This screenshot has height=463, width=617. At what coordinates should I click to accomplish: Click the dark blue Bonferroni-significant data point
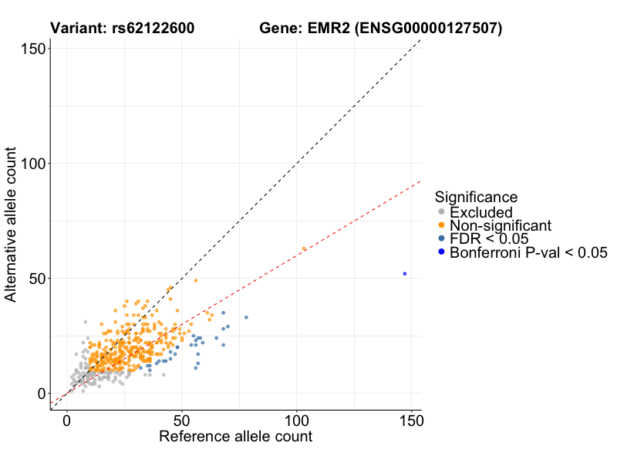pyautogui.click(x=404, y=273)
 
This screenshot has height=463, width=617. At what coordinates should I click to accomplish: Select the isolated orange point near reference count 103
pyautogui.click(x=304, y=248)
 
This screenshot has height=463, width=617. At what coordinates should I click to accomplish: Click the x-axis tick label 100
pyautogui.click(x=297, y=421)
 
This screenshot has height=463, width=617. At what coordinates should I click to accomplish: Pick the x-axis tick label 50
pyautogui.click(x=182, y=421)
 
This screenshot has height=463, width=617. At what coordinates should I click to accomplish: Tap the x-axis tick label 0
pyautogui.click(x=67, y=421)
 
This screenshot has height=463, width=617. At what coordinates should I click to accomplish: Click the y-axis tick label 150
pyautogui.click(x=30, y=48)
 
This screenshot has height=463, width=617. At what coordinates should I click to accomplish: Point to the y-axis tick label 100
pyautogui.click(x=30, y=163)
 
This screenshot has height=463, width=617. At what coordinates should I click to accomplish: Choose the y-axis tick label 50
pyautogui.click(x=35, y=278)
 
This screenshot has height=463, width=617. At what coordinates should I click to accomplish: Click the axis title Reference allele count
pyautogui.click(x=235, y=437)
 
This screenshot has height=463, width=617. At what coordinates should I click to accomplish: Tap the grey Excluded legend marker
pyautogui.click(x=441, y=212)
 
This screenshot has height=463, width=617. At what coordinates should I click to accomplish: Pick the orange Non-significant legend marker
pyautogui.click(x=441, y=225)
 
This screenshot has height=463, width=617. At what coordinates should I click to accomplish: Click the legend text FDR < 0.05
pyautogui.click(x=489, y=238)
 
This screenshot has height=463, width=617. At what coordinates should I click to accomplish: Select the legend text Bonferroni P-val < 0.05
pyautogui.click(x=529, y=252)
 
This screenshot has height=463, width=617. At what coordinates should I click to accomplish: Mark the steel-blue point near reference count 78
pyautogui.click(x=246, y=317)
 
